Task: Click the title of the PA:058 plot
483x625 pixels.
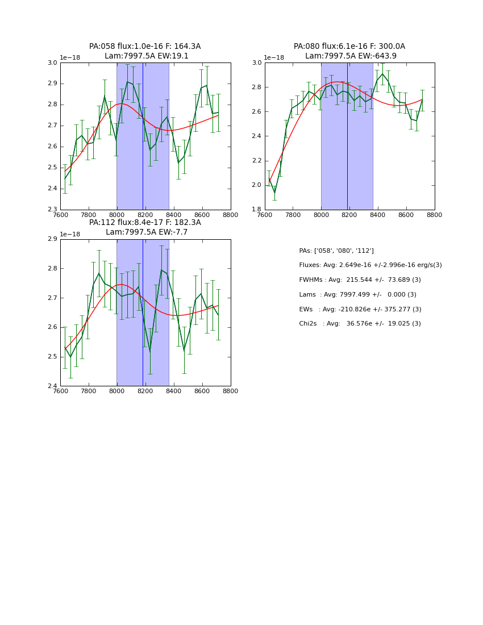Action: [145, 51]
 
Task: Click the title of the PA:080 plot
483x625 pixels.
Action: [349, 51]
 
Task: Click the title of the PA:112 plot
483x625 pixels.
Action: [145, 227]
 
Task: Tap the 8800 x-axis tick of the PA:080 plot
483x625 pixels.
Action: [435, 215]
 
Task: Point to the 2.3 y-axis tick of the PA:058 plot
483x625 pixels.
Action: [52, 210]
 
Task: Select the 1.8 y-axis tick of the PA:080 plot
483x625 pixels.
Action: [256, 210]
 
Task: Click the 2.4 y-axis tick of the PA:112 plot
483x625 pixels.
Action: [52, 386]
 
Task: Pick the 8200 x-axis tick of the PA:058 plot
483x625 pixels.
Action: [145, 215]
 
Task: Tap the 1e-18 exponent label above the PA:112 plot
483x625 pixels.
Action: [70, 235]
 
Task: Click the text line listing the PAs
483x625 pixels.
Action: [336, 251]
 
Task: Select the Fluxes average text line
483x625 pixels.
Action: [370, 265]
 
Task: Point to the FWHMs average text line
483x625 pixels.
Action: [360, 280]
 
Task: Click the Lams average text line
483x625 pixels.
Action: [357, 295]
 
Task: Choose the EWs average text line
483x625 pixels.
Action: [360, 310]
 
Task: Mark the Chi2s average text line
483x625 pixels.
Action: [360, 324]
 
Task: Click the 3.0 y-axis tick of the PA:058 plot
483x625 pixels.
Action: [52, 63]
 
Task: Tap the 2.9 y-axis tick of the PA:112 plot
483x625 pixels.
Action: [52, 239]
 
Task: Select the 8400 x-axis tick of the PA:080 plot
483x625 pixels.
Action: [378, 215]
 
